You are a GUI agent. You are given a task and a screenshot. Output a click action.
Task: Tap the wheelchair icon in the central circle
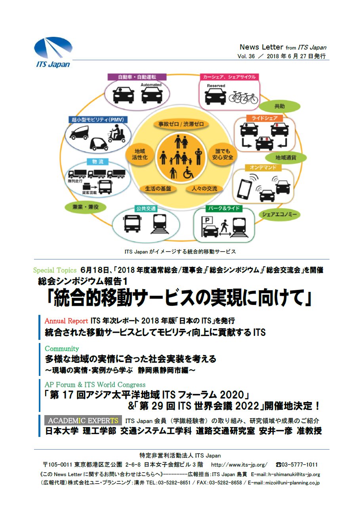coord(188,172)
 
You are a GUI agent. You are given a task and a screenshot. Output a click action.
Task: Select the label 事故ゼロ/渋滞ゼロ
coord(181,124)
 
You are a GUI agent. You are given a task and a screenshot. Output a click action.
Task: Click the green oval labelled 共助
coord(279,106)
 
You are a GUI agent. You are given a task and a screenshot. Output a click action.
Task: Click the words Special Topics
coord(55,271)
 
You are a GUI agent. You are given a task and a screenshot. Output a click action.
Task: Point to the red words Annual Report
coord(66,321)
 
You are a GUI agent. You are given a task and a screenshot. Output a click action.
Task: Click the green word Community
coord(62,349)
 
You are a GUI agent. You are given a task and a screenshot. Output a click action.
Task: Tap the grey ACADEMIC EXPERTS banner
coord(83,421)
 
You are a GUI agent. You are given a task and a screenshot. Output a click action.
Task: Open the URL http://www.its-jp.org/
coord(239,465)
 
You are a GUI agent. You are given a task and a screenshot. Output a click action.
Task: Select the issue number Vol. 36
coord(246,57)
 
